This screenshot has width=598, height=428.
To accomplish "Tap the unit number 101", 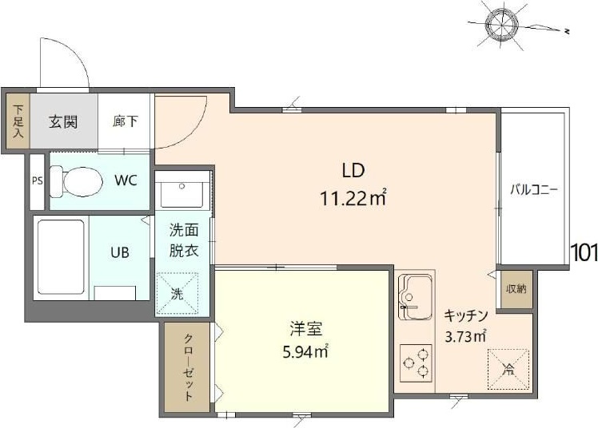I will click(584, 252).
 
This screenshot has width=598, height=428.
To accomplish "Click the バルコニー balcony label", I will click(534, 191).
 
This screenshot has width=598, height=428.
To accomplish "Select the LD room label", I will click(353, 170).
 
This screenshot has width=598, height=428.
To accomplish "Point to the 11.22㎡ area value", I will click(353, 198).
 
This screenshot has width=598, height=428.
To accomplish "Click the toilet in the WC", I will click(74, 181).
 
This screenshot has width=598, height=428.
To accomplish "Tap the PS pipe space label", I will click(37, 181).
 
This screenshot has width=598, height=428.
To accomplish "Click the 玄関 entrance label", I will click(63, 122).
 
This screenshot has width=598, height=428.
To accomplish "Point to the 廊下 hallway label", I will click(125, 122).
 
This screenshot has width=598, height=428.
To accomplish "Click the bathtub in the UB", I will click(62, 256).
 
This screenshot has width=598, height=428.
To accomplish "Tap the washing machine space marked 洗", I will click(176, 291).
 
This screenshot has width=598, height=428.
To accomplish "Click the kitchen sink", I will click(415, 291).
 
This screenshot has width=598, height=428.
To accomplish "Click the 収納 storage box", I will click(515, 288).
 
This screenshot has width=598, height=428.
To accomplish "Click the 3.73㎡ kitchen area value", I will click(465, 336).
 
